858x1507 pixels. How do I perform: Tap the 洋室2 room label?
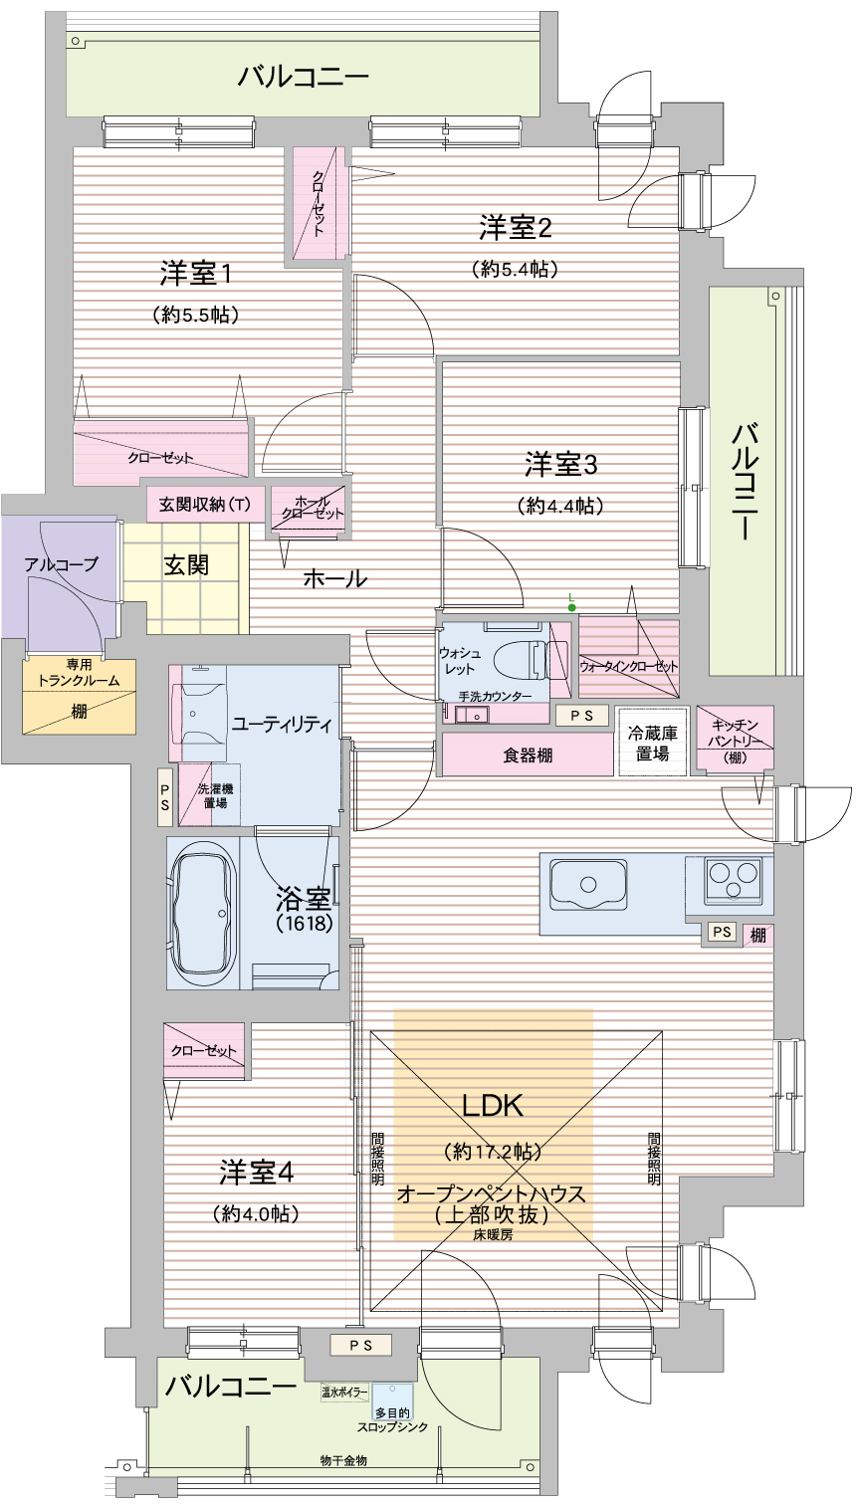tap(515, 228)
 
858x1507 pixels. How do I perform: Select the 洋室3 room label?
tap(560, 464)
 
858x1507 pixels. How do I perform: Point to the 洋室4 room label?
tap(256, 1172)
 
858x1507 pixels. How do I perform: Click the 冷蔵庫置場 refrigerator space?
tap(653, 743)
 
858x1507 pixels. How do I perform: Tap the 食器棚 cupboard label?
tap(528, 755)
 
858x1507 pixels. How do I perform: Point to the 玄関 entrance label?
tap(185, 565)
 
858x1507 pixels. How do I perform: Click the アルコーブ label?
tap(62, 564)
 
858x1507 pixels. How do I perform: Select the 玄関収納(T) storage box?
tap(205, 504)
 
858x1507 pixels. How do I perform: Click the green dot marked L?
tap(571, 607)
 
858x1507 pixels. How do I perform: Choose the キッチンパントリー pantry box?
tap(736, 738)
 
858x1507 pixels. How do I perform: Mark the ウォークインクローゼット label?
tap(628, 665)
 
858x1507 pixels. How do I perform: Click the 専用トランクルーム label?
tap(79, 673)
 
